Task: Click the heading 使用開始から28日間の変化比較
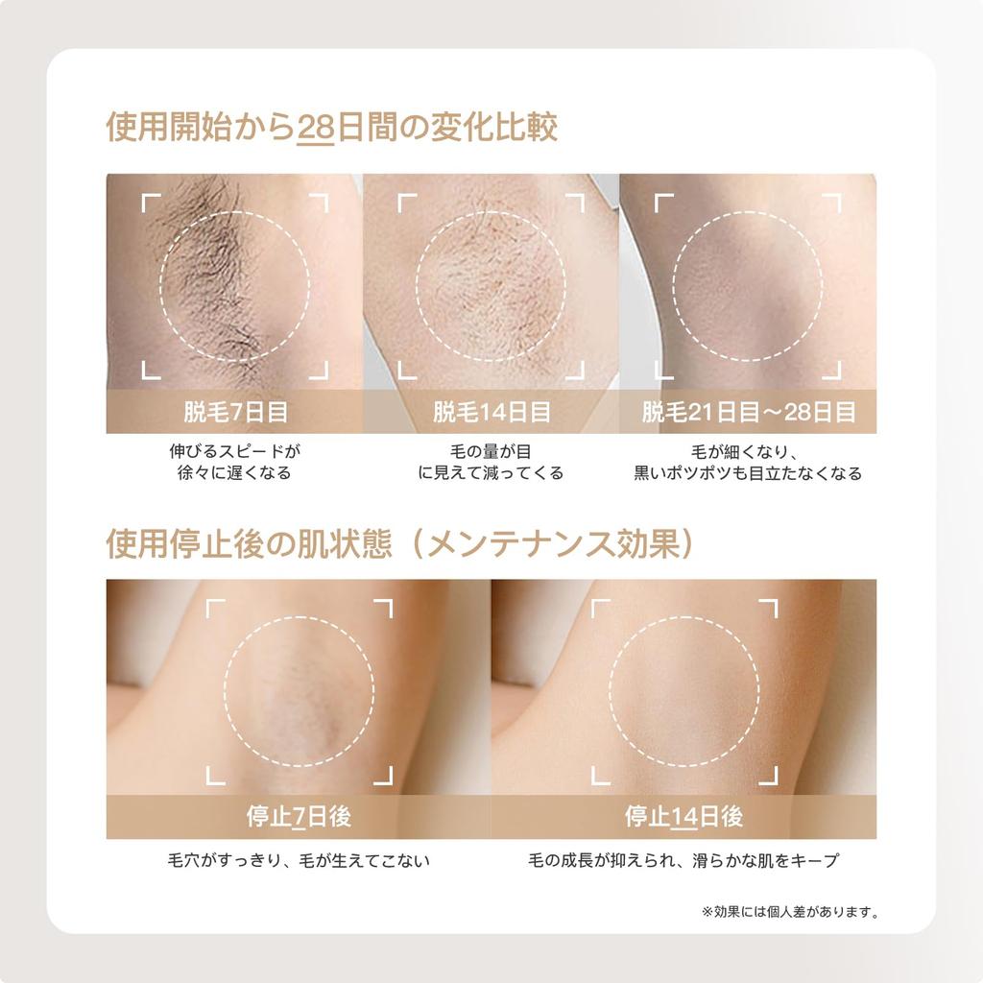click(x=331, y=129)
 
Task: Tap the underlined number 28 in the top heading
click(x=314, y=129)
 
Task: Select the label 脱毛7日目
click(x=235, y=412)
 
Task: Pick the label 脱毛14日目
click(x=491, y=412)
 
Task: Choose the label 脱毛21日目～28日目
click(x=748, y=412)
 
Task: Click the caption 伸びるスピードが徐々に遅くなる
click(x=235, y=461)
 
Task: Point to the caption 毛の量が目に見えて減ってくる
click(x=491, y=461)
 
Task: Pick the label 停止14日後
click(x=683, y=817)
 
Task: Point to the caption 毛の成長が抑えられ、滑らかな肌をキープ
click(x=683, y=860)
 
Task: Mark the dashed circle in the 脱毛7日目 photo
click(x=235, y=285)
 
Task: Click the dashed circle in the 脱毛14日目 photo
click(x=491, y=285)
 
